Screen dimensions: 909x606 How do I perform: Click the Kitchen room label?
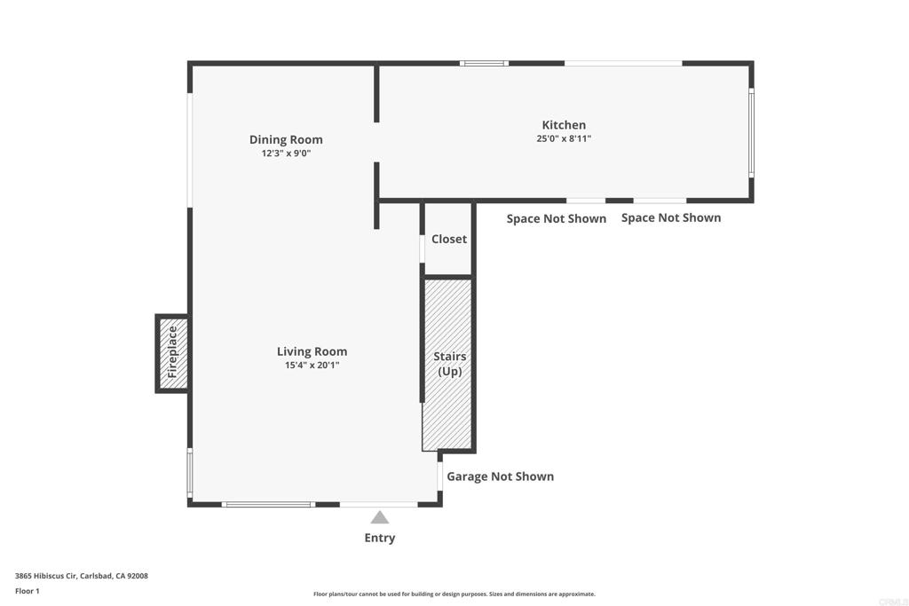pyautogui.click(x=564, y=124)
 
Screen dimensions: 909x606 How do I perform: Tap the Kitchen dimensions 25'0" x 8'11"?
pyautogui.click(x=564, y=138)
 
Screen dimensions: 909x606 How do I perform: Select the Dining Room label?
pyautogui.click(x=286, y=139)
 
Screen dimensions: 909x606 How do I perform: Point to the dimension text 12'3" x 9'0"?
pyautogui.click(x=286, y=153)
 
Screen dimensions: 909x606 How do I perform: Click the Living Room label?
pyautogui.click(x=312, y=351)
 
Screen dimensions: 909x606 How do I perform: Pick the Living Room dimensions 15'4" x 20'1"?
pyautogui.click(x=312, y=365)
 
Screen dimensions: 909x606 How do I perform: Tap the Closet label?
pyautogui.click(x=448, y=239)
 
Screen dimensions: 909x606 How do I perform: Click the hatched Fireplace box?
pyautogui.click(x=172, y=353)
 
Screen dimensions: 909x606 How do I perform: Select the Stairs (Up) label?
pyautogui.click(x=450, y=364)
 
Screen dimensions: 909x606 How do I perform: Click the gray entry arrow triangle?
pyautogui.click(x=380, y=517)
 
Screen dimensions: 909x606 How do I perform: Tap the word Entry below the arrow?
pyautogui.click(x=380, y=538)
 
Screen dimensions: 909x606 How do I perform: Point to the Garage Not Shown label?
pyautogui.click(x=500, y=476)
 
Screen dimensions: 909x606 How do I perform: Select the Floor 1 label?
pyautogui.click(x=28, y=591)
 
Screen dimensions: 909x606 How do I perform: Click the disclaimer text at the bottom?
pyautogui.click(x=454, y=594)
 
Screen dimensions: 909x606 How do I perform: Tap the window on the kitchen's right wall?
pyautogui.click(x=751, y=133)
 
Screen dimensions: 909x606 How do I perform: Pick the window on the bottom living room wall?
pyautogui.click(x=268, y=504)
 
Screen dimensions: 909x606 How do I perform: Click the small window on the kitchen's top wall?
pyautogui.click(x=484, y=63)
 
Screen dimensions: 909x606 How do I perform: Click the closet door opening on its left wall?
pyautogui.click(x=423, y=248)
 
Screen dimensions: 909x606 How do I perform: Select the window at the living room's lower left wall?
pyautogui.click(x=190, y=472)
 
